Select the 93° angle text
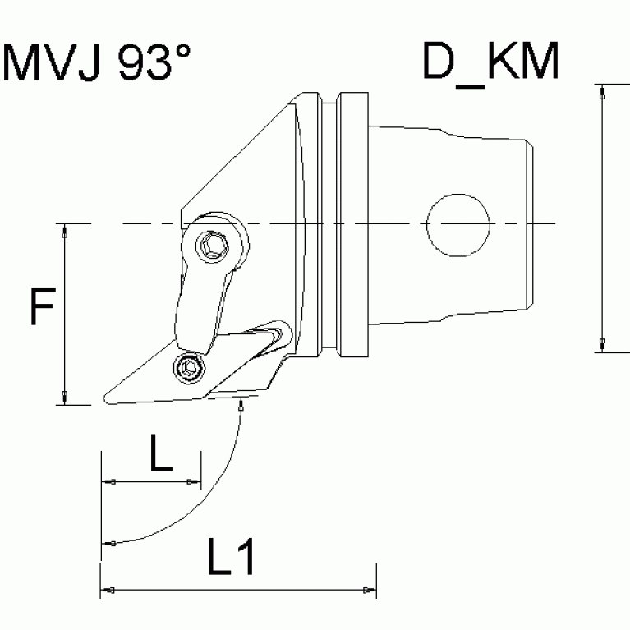click(155, 63)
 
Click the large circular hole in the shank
click(458, 224)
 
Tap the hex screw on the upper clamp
click(216, 245)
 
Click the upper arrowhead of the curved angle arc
click(240, 402)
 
